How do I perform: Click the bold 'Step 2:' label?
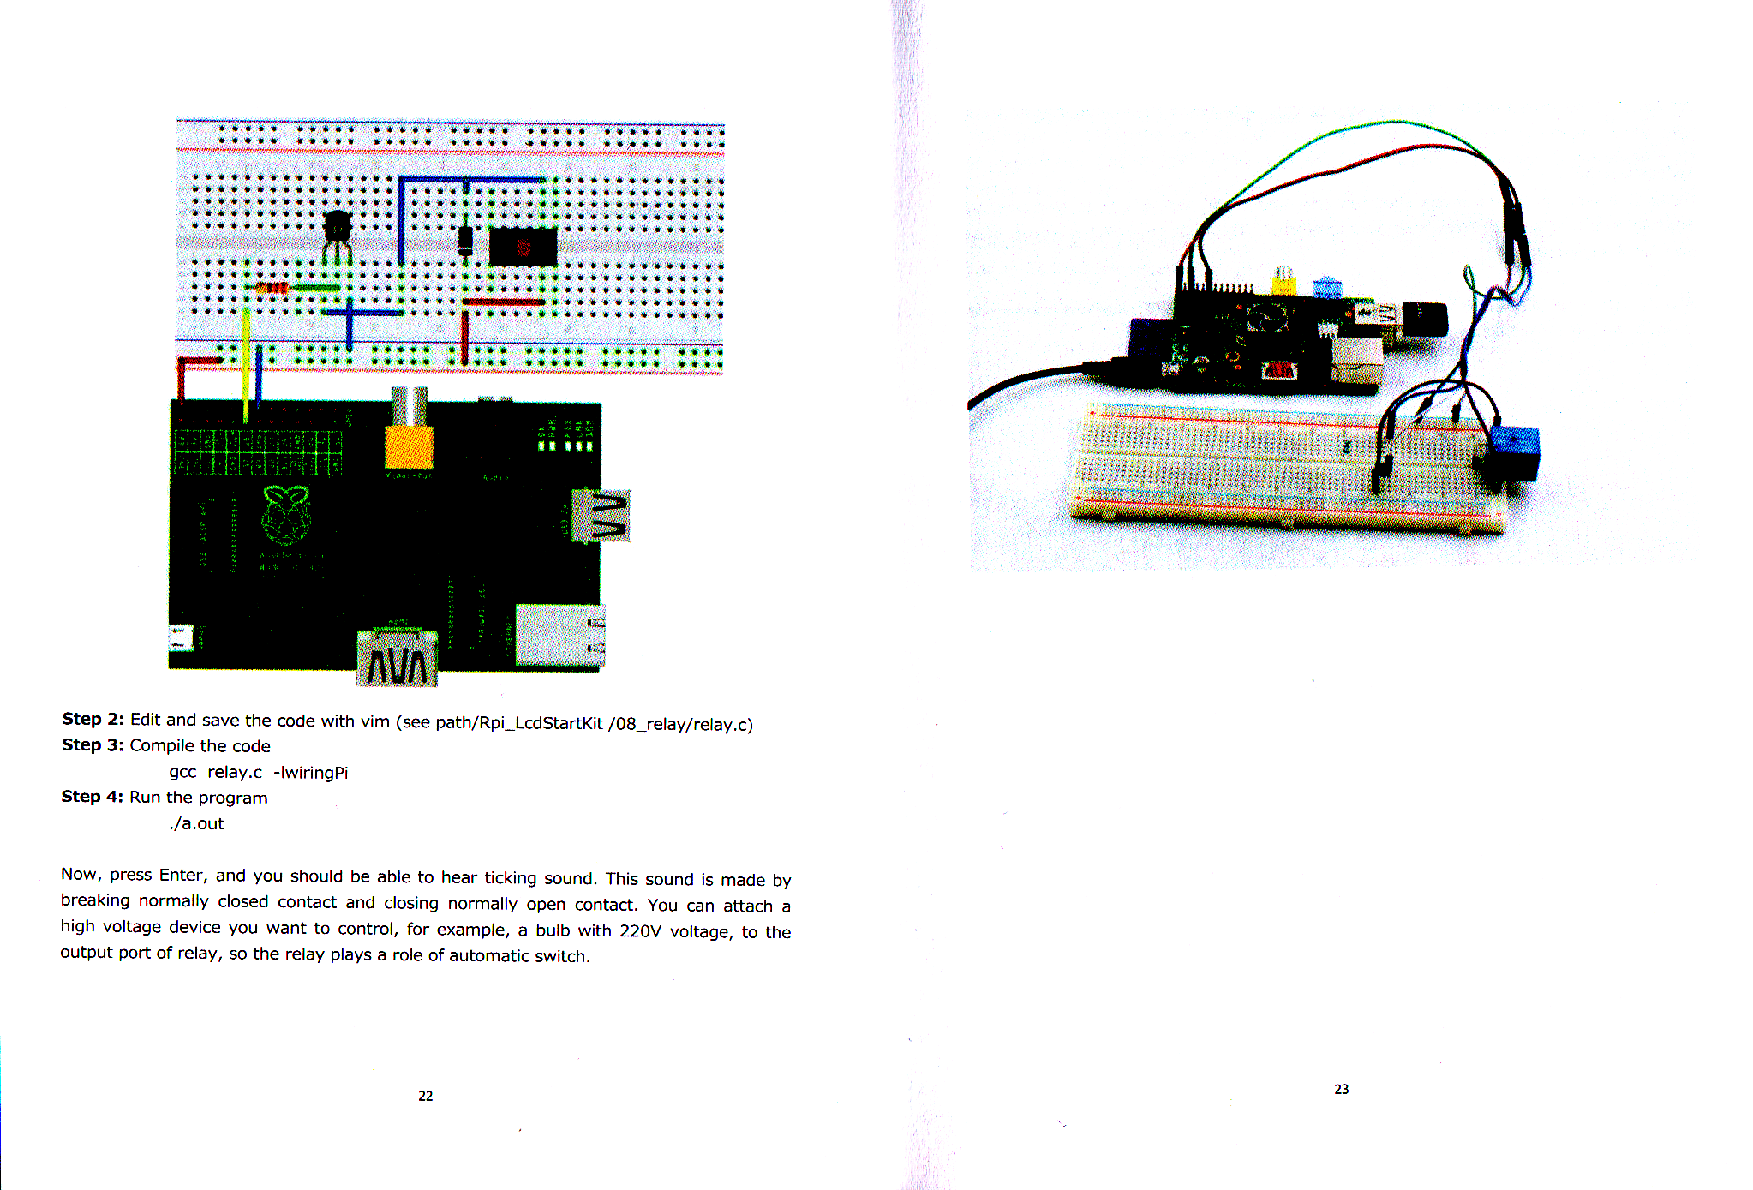(x=93, y=720)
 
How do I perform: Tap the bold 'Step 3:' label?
(x=93, y=745)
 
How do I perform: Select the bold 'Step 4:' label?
(x=93, y=797)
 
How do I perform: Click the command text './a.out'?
(x=196, y=824)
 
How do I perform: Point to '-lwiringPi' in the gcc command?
(x=310, y=773)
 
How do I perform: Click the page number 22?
(x=426, y=1096)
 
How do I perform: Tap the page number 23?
(x=1342, y=1089)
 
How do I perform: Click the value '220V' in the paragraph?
(x=641, y=931)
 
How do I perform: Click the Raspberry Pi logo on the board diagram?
(x=285, y=515)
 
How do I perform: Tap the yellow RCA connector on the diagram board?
(x=409, y=433)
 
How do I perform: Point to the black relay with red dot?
(x=523, y=247)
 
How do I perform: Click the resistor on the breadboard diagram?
(x=272, y=288)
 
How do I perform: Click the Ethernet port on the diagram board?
(x=559, y=635)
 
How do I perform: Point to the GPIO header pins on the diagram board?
(x=258, y=452)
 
